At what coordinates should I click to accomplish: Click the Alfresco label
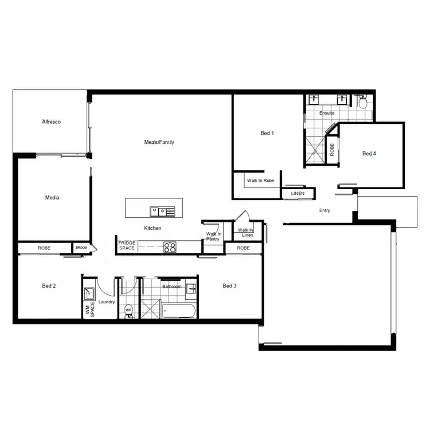[51, 122]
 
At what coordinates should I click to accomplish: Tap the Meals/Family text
[159, 142]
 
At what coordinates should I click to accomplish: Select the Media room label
[52, 198]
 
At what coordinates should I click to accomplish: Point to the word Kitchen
[153, 228]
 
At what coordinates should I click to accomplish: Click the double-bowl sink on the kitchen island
[162, 212]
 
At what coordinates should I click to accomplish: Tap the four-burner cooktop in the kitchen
[170, 248]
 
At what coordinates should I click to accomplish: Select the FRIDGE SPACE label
[127, 246]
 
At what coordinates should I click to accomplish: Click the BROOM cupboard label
[81, 248]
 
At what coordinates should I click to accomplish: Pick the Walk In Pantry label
[213, 236]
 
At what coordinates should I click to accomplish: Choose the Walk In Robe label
[260, 181]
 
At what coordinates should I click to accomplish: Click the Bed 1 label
[267, 134]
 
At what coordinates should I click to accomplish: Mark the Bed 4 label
[369, 154]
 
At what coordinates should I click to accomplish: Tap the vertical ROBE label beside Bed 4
[332, 150]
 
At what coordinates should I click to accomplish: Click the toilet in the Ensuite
[362, 103]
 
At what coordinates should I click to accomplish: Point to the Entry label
[325, 210]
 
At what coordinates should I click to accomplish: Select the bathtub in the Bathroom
[179, 311]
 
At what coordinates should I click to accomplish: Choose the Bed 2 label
[49, 286]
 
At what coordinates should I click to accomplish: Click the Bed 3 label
[229, 286]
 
